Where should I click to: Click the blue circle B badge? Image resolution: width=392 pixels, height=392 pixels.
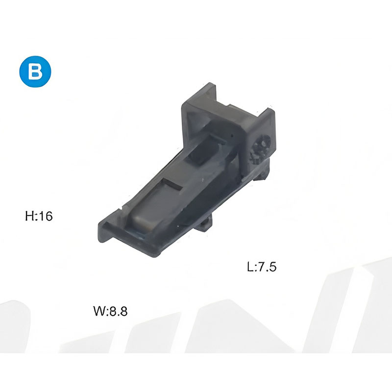[35, 72]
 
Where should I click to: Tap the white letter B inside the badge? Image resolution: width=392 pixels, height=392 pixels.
[35, 72]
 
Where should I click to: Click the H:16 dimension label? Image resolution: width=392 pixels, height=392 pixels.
[39, 216]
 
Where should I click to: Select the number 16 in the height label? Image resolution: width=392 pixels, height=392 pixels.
[46, 216]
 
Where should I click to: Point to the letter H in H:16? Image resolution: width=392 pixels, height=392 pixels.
[29, 216]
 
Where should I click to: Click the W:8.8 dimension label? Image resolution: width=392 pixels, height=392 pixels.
[110, 311]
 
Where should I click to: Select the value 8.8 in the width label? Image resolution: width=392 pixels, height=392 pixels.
[118, 311]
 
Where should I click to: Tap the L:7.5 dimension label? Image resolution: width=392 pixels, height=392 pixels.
[262, 267]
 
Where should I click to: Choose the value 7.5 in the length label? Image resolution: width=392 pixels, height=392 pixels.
[267, 267]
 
